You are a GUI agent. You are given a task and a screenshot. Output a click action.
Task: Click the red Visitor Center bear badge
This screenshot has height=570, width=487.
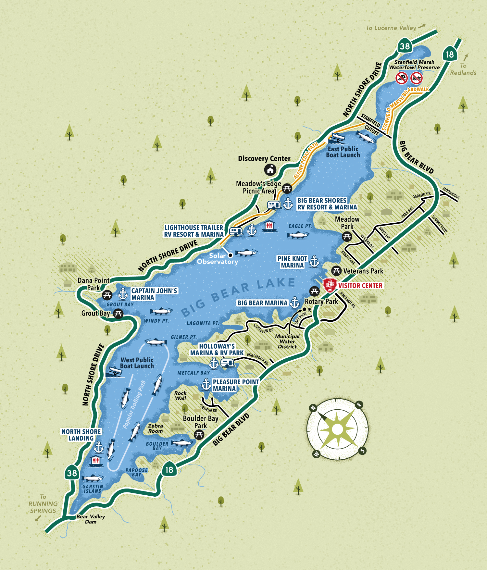[330, 285]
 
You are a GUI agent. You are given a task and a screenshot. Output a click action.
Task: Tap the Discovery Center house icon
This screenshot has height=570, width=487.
[270, 169]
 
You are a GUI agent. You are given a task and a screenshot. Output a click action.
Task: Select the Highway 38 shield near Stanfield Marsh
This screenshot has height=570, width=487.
[405, 46]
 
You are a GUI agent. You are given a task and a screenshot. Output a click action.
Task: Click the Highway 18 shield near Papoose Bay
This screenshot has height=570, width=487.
[169, 470]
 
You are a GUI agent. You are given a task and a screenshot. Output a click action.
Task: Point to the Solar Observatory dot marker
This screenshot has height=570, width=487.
[231, 255]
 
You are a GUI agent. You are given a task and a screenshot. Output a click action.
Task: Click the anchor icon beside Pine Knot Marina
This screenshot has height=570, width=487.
[314, 261]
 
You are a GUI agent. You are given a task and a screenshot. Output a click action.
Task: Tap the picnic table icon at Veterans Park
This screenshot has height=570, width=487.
[336, 270]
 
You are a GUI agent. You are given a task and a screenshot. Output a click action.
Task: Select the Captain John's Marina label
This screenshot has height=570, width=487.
[154, 294]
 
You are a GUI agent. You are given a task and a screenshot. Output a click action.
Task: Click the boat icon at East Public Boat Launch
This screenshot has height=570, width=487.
[337, 139]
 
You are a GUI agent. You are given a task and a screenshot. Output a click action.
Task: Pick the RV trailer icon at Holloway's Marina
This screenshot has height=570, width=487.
[228, 363]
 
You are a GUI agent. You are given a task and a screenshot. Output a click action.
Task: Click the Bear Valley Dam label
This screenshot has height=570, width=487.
[91, 519]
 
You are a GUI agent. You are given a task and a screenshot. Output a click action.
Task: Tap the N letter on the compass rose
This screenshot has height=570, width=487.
[313, 408]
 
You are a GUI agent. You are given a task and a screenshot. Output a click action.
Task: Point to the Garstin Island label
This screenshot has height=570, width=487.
[93, 489]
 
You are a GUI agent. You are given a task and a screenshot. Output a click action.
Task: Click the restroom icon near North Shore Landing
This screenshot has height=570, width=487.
[95, 461]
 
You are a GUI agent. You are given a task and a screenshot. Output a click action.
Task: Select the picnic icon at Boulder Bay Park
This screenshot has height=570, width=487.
[199, 435]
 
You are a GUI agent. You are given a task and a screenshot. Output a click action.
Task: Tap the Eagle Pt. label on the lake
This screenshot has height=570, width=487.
[300, 226]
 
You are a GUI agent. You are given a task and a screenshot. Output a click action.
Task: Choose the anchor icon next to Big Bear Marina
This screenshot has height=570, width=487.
[294, 303]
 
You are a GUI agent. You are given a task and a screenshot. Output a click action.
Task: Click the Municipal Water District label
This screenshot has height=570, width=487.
[287, 341]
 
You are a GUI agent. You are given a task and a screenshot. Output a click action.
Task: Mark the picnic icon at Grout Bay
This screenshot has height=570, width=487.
[118, 314]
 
